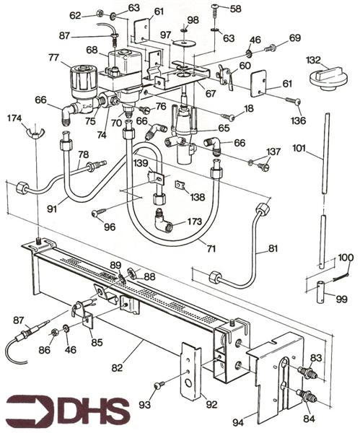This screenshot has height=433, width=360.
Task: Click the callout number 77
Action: click(53, 58)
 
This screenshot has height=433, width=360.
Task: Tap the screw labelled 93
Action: click(159, 385)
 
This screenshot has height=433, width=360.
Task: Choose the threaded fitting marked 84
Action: click(308, 395)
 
